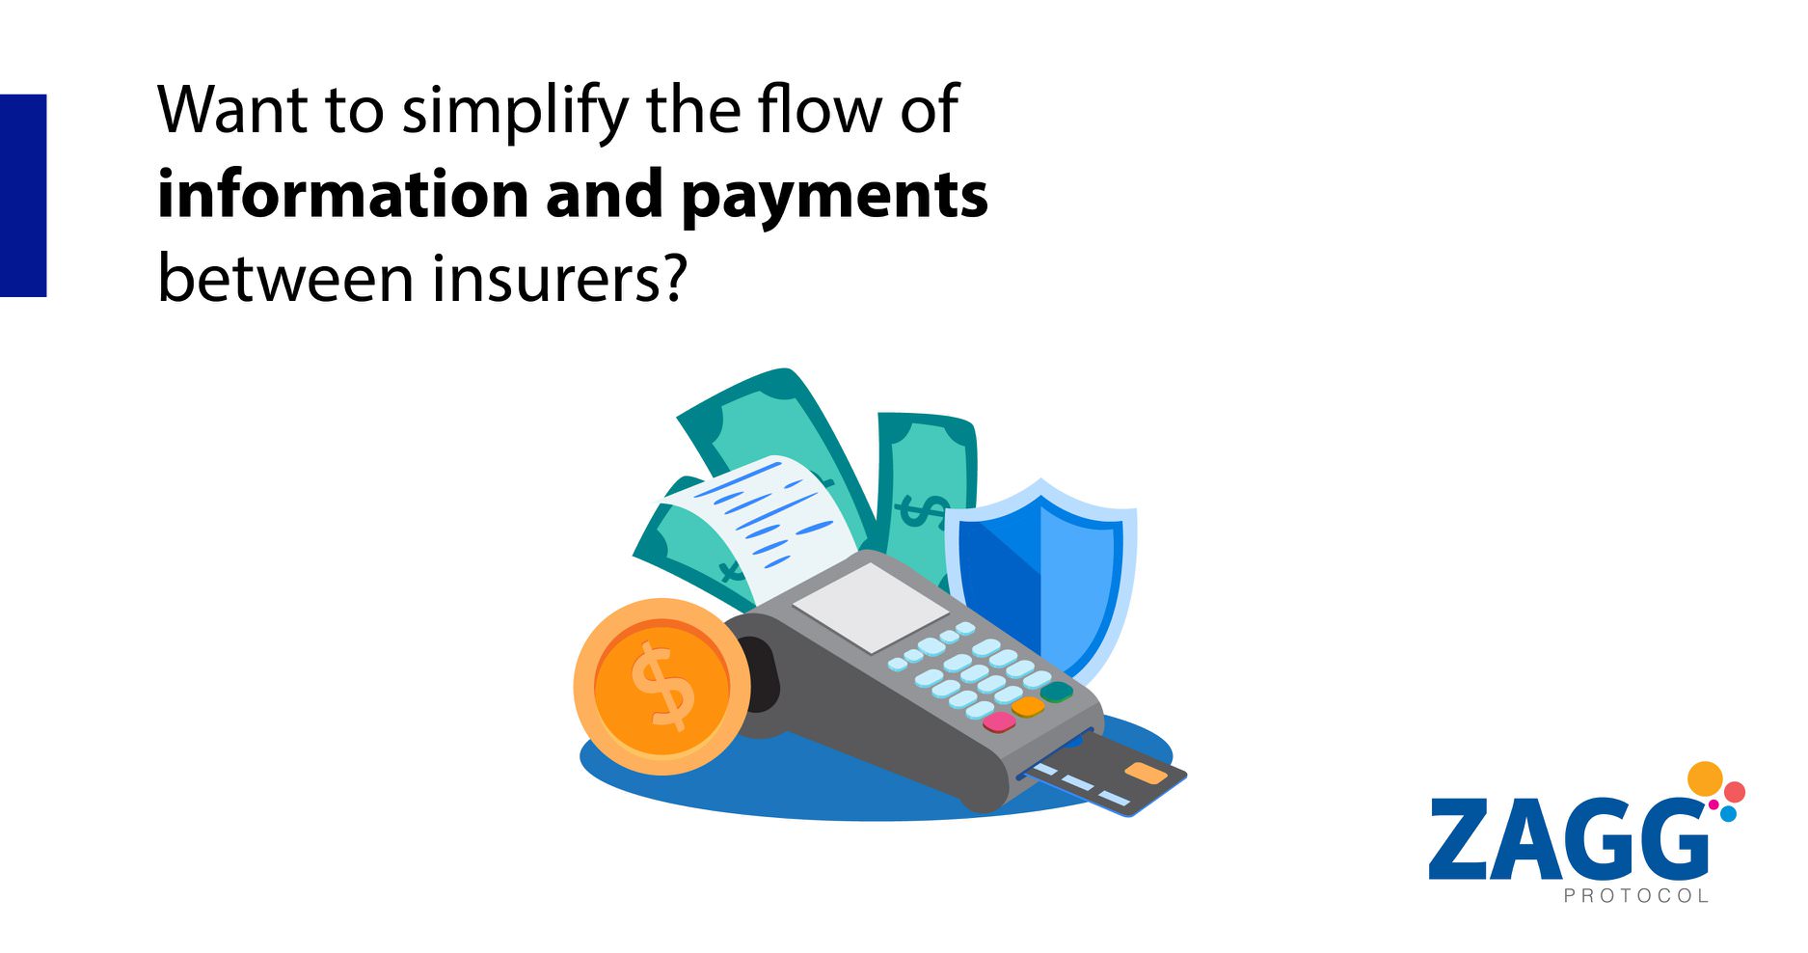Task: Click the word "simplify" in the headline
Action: pyautogui.click(x=516, y=114)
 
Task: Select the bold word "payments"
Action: pyautogui.click(x=835, y=199)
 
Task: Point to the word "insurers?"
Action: pyautogui.click(x=559, y=278)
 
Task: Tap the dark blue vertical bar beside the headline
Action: pyautogui.click(x=23, y=195)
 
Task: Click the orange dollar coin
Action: pyautogui.click(x=661, y=686)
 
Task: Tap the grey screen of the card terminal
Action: pyautogui.click(x=871, y=608)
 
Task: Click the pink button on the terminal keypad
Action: pyautogui.click(x=999, y=722)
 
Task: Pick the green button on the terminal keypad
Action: pyautogui.click(x=1056, y=692)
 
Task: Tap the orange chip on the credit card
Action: pyautogui.click(x=1146, y=773)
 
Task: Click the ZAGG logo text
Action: pyautogui.click(x=1569, y=838)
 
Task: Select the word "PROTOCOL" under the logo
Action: pyautogui.click(x=1635, y=896)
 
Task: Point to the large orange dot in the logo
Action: pyautogui.click(x=1706, y=778)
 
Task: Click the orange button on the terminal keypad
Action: pyautogui.click(x=1028, y=707)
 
